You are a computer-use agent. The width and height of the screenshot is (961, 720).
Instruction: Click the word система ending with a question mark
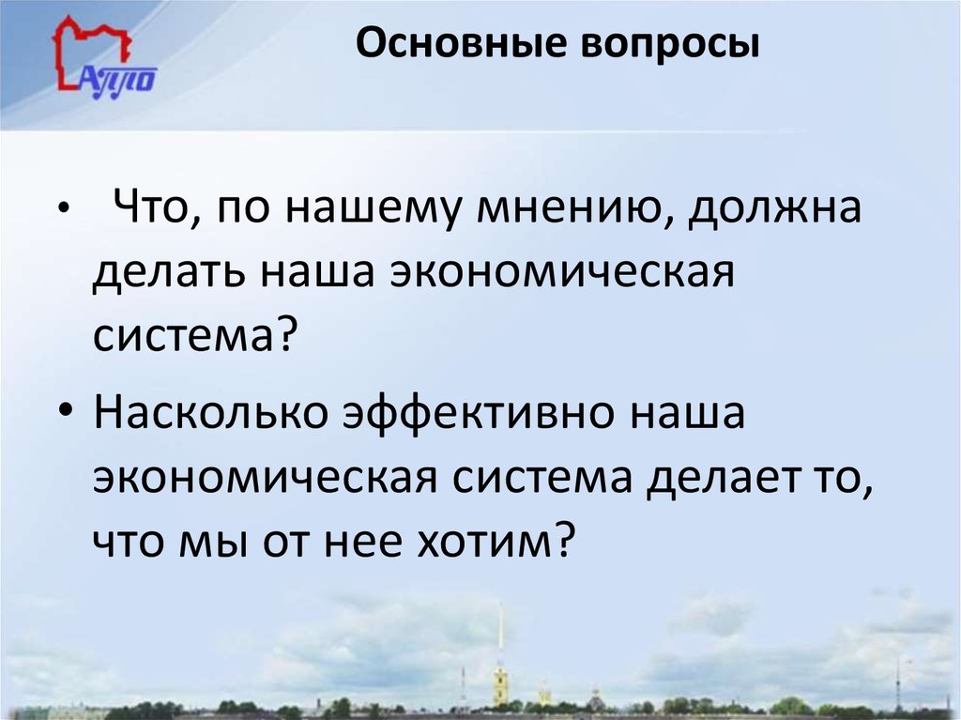(x=194, y=334)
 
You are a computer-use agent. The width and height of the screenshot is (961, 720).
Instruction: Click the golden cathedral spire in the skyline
(x=500, y=657)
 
